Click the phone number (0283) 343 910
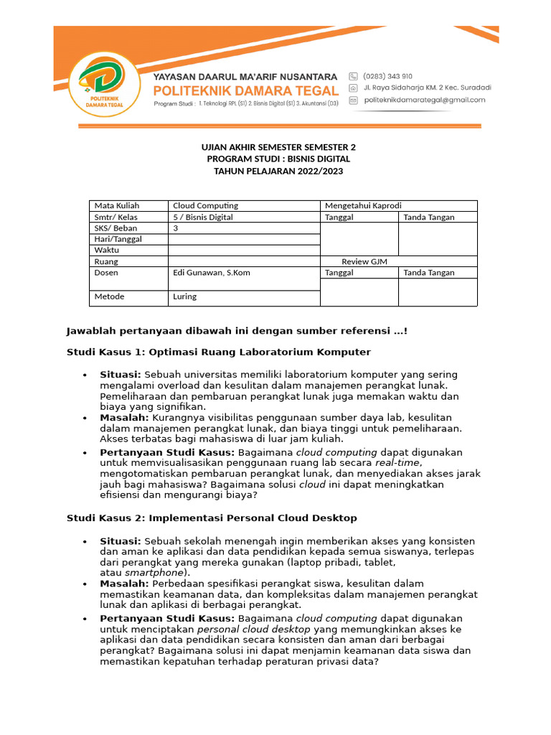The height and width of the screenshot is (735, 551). [388, 75]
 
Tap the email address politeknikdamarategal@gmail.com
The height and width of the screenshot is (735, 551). [420, 101]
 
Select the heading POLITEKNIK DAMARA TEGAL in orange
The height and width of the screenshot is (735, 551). [246, 90]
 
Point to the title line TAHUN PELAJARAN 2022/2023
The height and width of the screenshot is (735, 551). [278, 170]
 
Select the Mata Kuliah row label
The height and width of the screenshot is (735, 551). [116, 206]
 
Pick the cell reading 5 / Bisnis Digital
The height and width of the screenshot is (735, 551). [203, 217]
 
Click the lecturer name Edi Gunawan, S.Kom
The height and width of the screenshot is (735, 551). [212, 273]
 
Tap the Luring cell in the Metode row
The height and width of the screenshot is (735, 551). [184, 296]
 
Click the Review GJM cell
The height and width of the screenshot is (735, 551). [364, 262]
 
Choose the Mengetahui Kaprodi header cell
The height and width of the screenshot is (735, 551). [368, 206]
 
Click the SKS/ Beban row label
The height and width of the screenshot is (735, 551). [116, 228]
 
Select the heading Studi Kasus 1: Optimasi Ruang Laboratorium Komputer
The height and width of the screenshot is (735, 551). [219, 352]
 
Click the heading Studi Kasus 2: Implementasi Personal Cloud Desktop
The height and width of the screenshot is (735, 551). [212, 518]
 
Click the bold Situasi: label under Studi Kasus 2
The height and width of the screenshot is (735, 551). [121, 540]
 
